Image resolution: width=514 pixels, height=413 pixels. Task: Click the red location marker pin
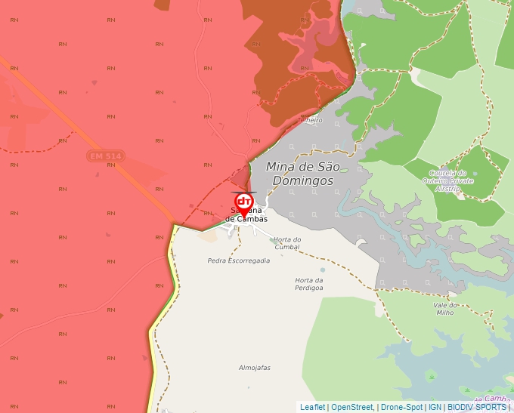[x=244, y=202]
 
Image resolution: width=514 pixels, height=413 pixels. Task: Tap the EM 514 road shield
[x=105, y=156]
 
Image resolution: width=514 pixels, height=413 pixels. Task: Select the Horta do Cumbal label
[x=287, y=243]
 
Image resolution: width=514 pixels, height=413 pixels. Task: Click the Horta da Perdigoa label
[x=309, y=284]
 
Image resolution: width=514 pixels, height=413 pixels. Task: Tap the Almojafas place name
[x=254, y=368]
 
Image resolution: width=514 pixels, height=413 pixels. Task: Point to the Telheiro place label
[x=310, y=120]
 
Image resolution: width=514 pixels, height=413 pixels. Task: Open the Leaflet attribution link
[x=313, y=407]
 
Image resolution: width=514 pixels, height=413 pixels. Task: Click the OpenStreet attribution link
[x=352, y=407]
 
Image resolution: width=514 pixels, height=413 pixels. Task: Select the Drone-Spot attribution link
[x=401, y=407]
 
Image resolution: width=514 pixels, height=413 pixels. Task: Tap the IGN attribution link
[x=435, y=407]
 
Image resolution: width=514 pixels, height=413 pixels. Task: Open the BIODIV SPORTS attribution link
[x=476, y=407]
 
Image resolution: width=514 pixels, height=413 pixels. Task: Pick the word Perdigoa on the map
[x=309, y=288]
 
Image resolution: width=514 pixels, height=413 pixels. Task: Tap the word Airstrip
[x=449, y=188]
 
